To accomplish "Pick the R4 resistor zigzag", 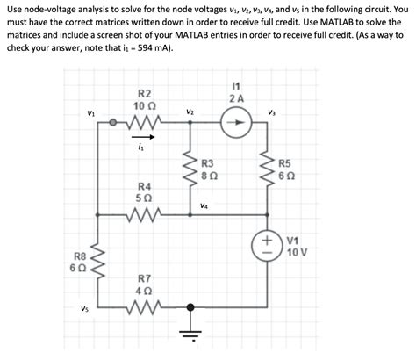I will pos(144,216).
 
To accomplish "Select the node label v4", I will pos(204,208).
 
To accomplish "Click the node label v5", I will pos(83,308).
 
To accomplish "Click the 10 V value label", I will pos(297,252).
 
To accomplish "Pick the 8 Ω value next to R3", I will pos(209,176).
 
